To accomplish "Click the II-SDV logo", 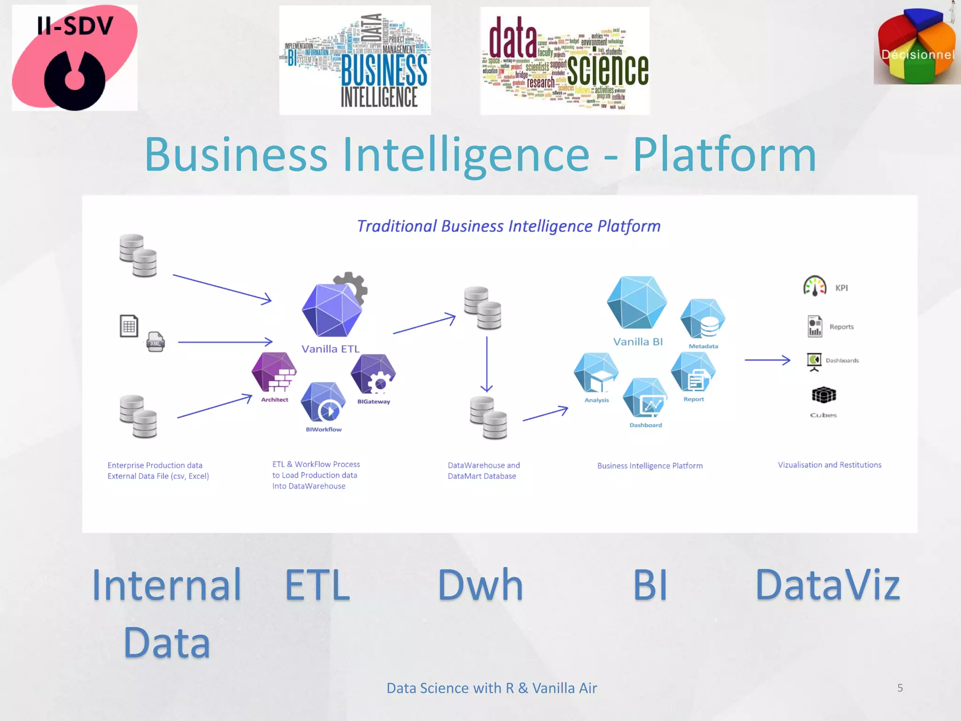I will (x=75, y=58).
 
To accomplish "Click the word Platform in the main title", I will (x=725, y=154).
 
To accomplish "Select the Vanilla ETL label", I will (x=330, y=349).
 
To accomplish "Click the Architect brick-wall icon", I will (x=275, y=372).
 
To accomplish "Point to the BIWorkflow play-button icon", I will (x=323, y=403).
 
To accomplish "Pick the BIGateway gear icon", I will (x=374, y=374).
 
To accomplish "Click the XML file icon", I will (x=155, y=342).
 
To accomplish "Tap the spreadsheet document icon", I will (x=129, y=326).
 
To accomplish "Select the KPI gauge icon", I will (x=815, y=286).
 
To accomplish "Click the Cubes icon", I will (x=824, y=395).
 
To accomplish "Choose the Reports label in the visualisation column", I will (x=841, y=327).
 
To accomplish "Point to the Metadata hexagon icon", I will (x=703, y=319).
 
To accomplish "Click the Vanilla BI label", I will (x=638, y=342).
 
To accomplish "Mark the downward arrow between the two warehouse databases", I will (x=487, y=364).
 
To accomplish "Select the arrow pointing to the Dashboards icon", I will (x=767, y=360).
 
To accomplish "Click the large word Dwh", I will (x=480, y=585).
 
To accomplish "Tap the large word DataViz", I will (x=828, y=585).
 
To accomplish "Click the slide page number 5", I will (x=900, y=688).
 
